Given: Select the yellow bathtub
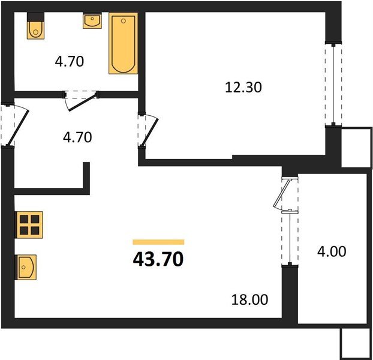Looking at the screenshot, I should point(123,46).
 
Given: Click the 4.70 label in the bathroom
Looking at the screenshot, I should point(70,61).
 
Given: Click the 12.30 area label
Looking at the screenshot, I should point(243,87).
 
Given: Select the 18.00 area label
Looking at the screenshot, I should point(251,298).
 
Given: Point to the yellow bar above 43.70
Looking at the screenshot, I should point(158,241).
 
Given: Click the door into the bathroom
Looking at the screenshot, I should point(80,99).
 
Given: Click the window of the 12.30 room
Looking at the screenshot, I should point(330,83).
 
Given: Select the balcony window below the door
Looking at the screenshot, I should point(289,238).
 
